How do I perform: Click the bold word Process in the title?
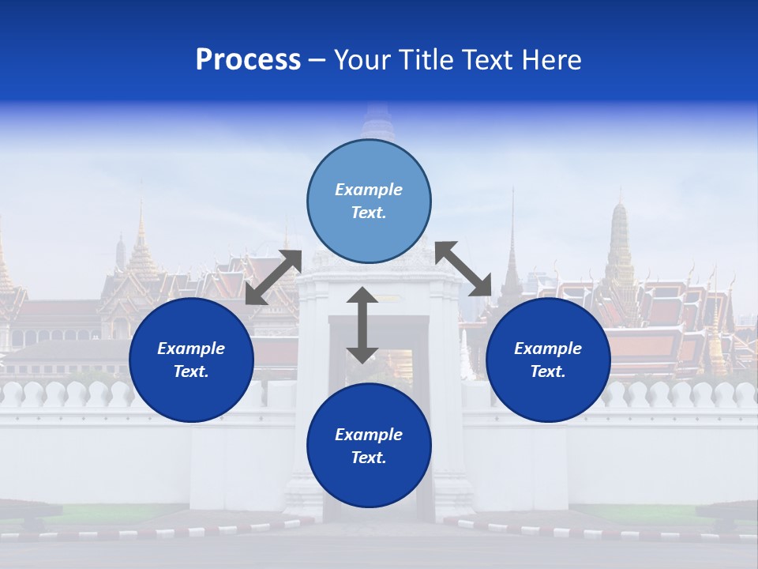248,60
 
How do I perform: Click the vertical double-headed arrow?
362,325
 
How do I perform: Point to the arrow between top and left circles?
273,277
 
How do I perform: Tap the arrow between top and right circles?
463,269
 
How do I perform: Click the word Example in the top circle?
369,190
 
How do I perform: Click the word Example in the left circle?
191,349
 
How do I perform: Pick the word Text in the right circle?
547,371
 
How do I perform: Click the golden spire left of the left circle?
142,245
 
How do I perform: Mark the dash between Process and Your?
317,60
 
